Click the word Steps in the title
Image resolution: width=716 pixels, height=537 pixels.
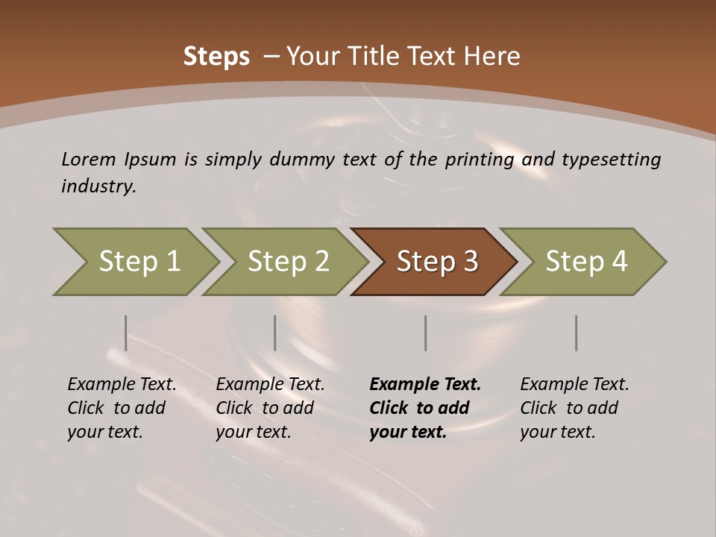pos(216,56)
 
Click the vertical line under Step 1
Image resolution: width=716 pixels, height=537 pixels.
pos(125,333)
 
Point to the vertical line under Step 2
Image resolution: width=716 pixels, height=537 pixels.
pos(275,333)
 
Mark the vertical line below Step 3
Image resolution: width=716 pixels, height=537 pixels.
pos(425,333)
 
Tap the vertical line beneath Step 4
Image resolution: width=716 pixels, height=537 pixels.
pos(576,333)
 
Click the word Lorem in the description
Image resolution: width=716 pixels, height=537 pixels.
pos(89,159)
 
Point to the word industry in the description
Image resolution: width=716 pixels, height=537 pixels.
pos(98,186)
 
